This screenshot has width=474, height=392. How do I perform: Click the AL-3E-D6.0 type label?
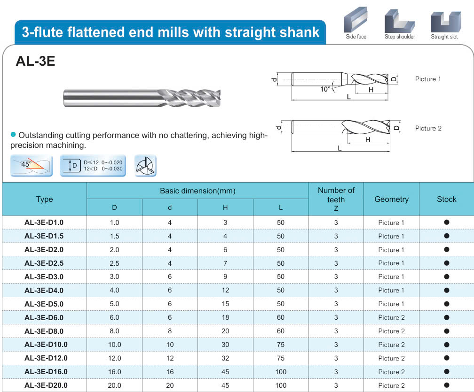[44, 317]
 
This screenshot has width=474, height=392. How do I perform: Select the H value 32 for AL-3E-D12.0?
[225, 358]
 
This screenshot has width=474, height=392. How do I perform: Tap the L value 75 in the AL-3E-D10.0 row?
[281, 345]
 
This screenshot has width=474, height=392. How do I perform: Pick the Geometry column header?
[391, 199]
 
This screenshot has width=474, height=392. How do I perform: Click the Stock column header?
[447, 199]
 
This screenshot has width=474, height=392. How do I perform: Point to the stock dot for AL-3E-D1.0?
[447, 222]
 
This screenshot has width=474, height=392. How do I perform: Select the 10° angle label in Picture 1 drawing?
[325, 89]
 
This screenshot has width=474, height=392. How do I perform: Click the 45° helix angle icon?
[32, 166]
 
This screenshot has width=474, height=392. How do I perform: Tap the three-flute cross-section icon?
[145, 166]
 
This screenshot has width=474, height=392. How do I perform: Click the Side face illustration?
[355, 20]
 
